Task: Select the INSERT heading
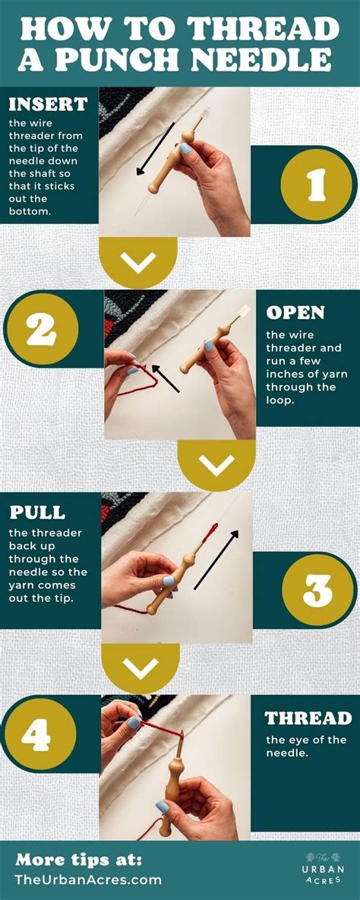(48, 104)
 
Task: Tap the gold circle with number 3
(318, 589)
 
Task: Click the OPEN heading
(295, 313)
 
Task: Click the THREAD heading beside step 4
(308, 718)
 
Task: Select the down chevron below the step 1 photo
(138, 262)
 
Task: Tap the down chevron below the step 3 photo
(140, 668)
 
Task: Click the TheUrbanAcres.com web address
(89, 879)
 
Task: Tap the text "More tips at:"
(78, 860)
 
